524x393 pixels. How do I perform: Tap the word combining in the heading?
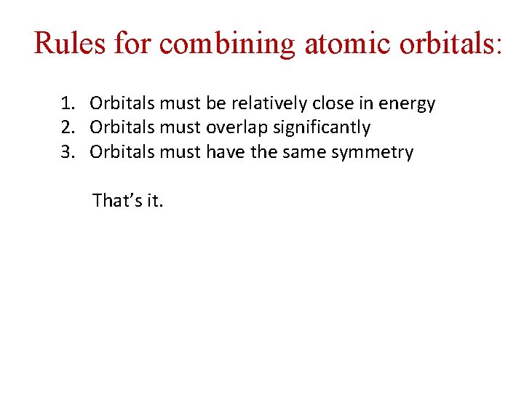[228, 44]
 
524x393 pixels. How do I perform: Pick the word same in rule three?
[313, 153]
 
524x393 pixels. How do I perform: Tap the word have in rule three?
[226, 153]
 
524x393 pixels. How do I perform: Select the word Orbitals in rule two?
[122, 128]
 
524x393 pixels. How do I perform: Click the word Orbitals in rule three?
[122, 153]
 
